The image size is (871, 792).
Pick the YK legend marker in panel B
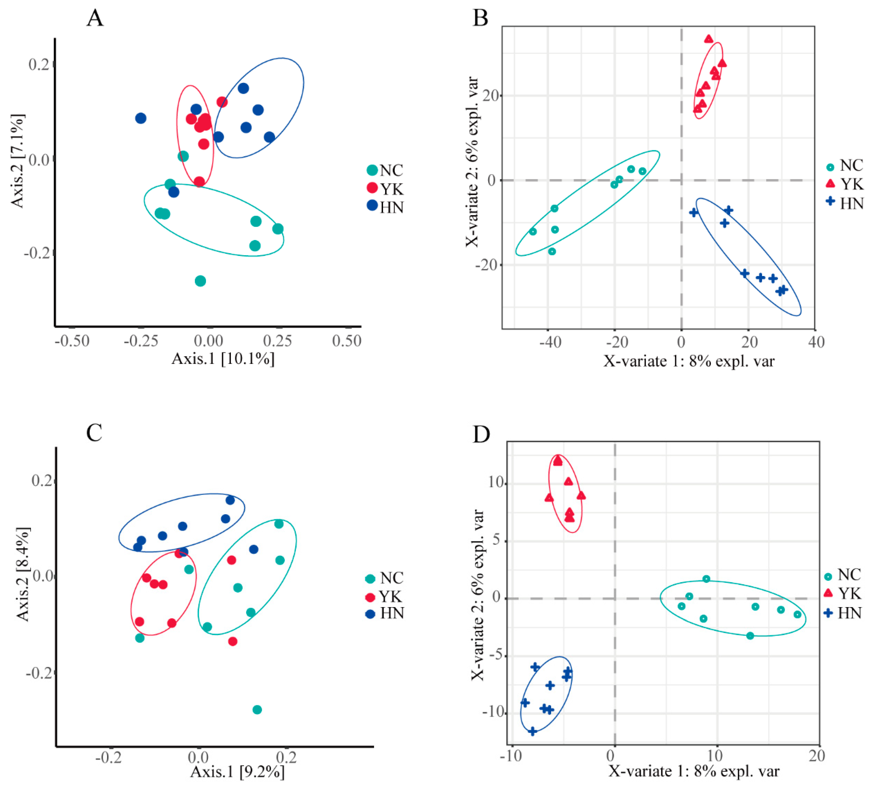coord(830,184)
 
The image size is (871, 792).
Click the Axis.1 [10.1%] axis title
coord(223,359)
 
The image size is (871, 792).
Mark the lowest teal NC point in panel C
coord(257,710)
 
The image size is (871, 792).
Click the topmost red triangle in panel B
coord(709,39)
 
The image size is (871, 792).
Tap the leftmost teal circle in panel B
coord(533,232)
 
